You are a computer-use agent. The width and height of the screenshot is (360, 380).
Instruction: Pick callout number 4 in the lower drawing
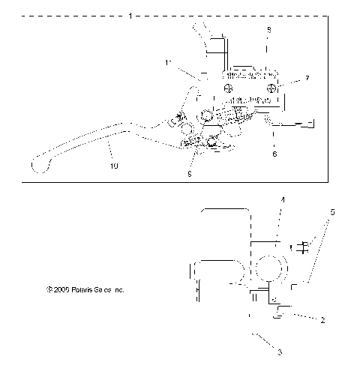[282, 199]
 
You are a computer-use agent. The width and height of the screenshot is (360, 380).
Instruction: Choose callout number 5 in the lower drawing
[333, 212]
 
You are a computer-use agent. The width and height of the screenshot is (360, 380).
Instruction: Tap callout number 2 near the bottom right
[322, 320]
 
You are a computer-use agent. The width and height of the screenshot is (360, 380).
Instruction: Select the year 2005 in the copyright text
[59, 289]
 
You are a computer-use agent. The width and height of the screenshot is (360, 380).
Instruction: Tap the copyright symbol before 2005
[48, 289]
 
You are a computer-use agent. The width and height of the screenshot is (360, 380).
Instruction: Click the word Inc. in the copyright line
[118, 289]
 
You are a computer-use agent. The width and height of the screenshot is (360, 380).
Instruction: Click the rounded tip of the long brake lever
[39, 161]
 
